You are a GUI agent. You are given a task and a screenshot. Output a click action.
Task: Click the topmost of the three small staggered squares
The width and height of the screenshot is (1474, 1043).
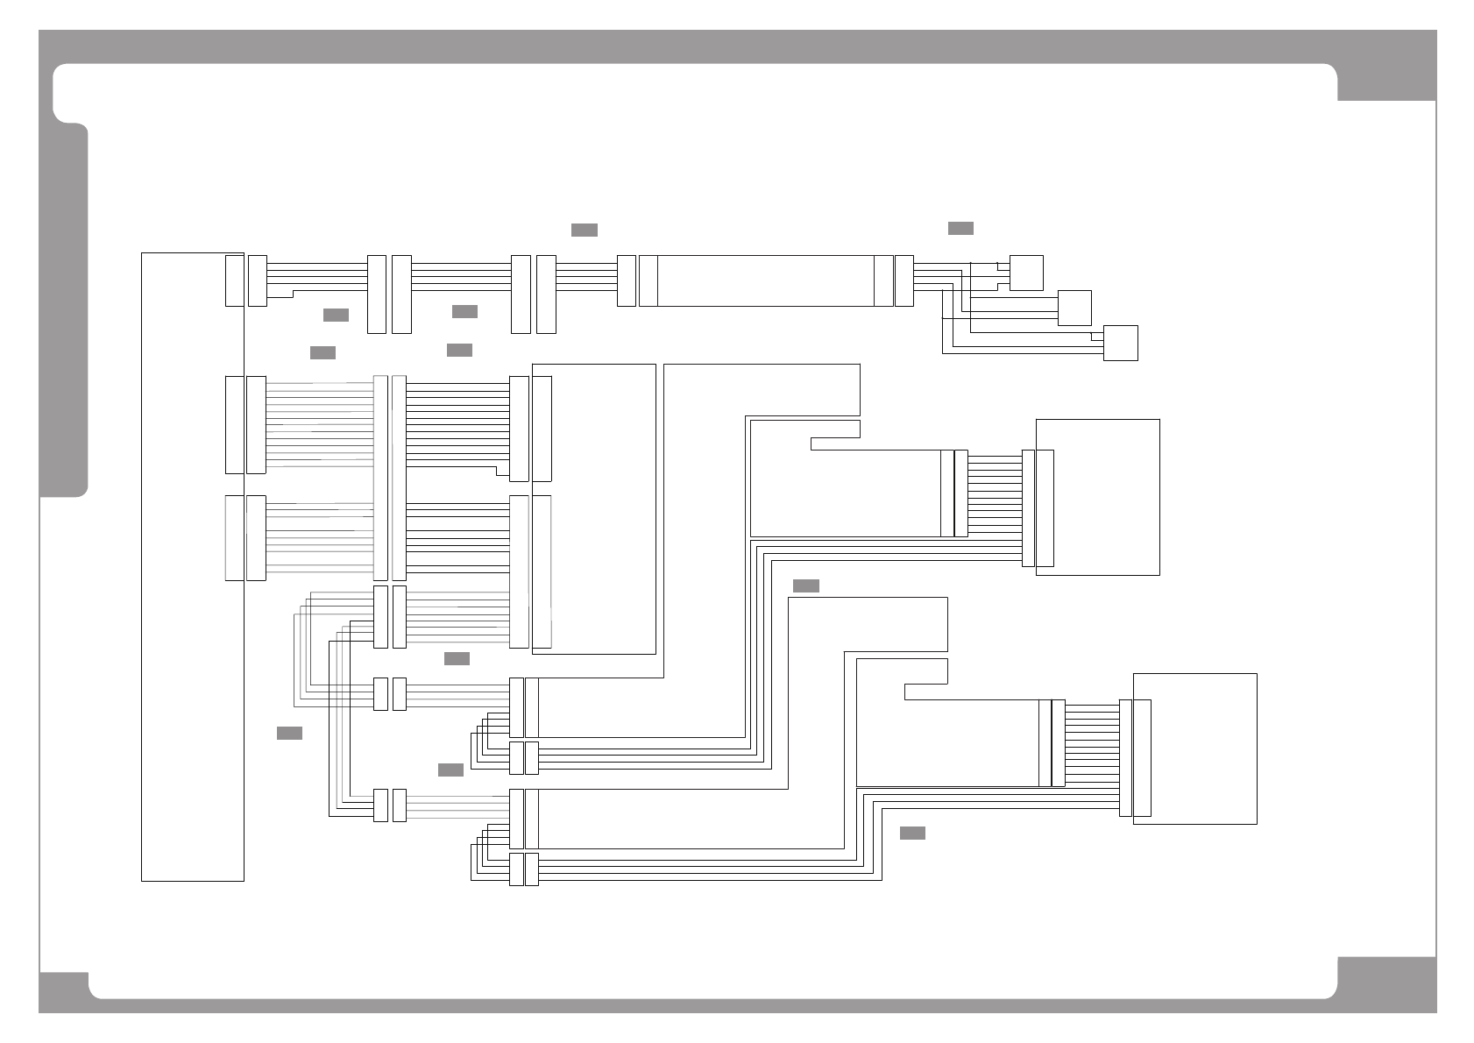1026,273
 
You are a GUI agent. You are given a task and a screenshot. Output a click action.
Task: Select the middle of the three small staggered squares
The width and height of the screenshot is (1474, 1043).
1074,308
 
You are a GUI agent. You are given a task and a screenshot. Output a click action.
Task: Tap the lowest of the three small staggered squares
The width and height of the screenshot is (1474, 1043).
1120,343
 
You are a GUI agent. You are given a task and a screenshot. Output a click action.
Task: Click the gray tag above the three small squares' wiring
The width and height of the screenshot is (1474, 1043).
960,229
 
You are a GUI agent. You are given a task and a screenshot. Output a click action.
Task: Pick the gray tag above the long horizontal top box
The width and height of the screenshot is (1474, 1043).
585,230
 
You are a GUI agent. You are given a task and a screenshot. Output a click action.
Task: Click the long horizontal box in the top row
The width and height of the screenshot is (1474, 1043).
765,280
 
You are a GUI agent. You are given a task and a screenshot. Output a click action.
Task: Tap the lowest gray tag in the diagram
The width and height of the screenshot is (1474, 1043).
912,833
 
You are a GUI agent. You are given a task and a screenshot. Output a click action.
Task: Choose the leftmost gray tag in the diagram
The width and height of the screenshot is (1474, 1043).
289,733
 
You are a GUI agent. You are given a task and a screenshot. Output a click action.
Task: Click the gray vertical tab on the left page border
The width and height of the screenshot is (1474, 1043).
63,311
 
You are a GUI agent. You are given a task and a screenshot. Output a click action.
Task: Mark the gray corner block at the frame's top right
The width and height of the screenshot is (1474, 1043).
1386,82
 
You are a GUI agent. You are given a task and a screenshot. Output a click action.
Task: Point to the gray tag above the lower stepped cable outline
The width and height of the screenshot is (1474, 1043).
805,585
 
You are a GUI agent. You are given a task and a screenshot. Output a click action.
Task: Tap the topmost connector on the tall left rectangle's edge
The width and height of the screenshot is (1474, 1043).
234,280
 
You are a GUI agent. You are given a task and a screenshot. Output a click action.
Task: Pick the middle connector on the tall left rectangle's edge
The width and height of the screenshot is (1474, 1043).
234,424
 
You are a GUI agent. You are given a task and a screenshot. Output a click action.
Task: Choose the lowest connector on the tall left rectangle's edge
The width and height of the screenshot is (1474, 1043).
234,537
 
